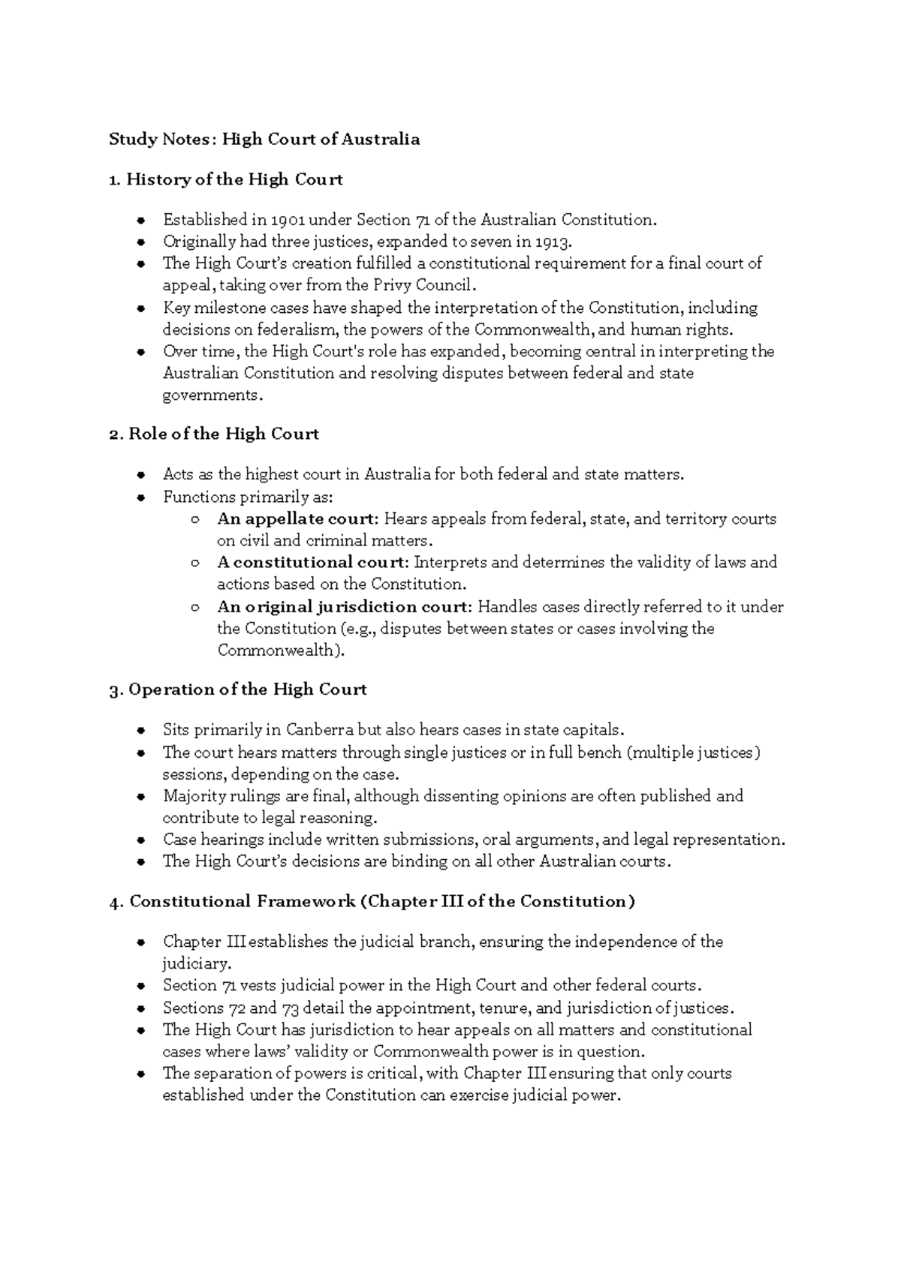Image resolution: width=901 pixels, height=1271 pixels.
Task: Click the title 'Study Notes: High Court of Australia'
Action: [264, 139]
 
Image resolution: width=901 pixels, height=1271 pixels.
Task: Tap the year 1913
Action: [554, 242]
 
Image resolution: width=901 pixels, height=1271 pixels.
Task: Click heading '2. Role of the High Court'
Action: [214, 434]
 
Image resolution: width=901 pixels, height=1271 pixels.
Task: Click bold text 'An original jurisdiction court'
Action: [344, 606]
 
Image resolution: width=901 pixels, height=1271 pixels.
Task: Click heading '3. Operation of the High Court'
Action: [238, 689]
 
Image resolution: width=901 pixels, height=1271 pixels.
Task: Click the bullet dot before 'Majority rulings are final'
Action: [140, 797]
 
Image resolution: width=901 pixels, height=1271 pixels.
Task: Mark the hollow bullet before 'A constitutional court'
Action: [195, 563]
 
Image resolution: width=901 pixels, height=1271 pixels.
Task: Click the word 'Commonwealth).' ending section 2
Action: [281, 650]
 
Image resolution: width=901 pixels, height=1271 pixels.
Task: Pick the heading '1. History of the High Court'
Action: [225, 179]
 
